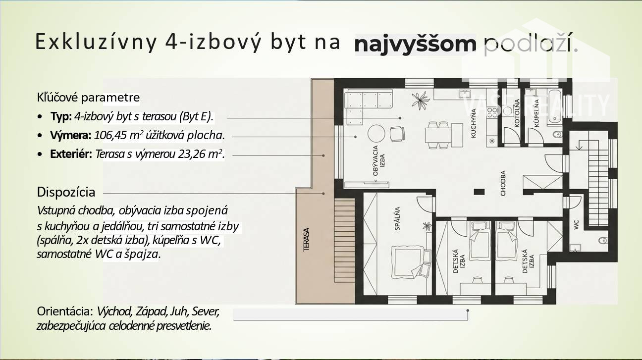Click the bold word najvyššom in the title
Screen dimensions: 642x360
(x=415, y=45)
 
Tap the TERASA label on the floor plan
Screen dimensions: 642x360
(x=306, y=240)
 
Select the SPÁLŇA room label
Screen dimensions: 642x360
(x=397, y=218)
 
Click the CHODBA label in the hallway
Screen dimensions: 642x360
(x=503, y=183)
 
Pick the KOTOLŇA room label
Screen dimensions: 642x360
(x=517, y=113)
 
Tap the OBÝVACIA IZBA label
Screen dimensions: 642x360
(x=378, y=160)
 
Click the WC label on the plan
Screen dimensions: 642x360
(x=577, y=224)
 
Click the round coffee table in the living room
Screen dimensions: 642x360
(x=376, y=134)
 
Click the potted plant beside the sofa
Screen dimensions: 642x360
(x=421, y=100)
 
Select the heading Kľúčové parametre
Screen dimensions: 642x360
(x=88, y=98)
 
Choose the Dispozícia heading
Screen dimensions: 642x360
(x=66, y=192)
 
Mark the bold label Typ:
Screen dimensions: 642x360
(x=61, y=117)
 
